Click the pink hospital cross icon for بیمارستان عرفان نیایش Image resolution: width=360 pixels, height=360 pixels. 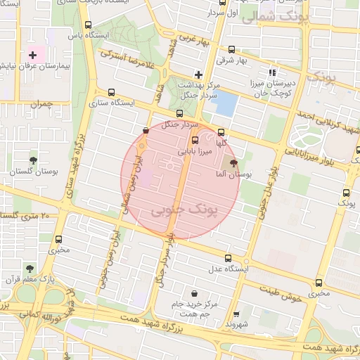coord(32,55)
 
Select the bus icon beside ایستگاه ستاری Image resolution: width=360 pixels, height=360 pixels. coord(110,93)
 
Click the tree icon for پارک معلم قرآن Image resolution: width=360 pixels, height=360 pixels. coord(30,268)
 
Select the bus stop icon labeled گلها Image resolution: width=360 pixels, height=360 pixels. coord(221,132)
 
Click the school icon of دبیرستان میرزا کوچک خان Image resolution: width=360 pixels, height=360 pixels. coord(273,72)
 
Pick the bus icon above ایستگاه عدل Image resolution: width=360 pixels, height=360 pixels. coord(227,258)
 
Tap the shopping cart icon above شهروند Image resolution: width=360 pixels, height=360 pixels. coord(236,314)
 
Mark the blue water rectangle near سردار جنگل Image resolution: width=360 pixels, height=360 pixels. coord(225,104)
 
